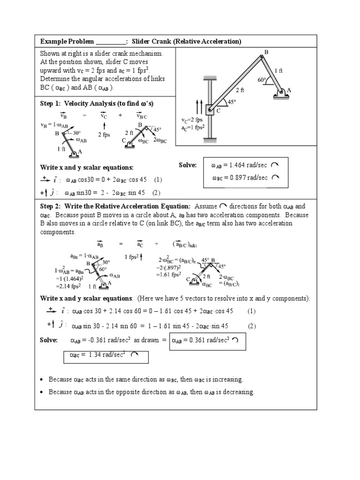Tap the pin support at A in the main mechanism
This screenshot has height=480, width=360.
282,93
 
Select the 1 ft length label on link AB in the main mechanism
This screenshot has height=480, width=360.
279,70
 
